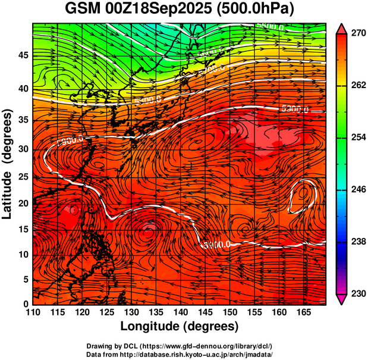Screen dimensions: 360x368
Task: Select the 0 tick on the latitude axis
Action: tap(25, 304)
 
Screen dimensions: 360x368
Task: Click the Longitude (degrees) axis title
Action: tap(180, 326)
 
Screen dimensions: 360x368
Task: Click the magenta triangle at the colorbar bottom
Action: tap(341, 299)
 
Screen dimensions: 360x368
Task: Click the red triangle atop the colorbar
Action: tap(341, 28)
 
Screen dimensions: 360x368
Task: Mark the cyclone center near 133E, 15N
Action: tap(149, 228)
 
